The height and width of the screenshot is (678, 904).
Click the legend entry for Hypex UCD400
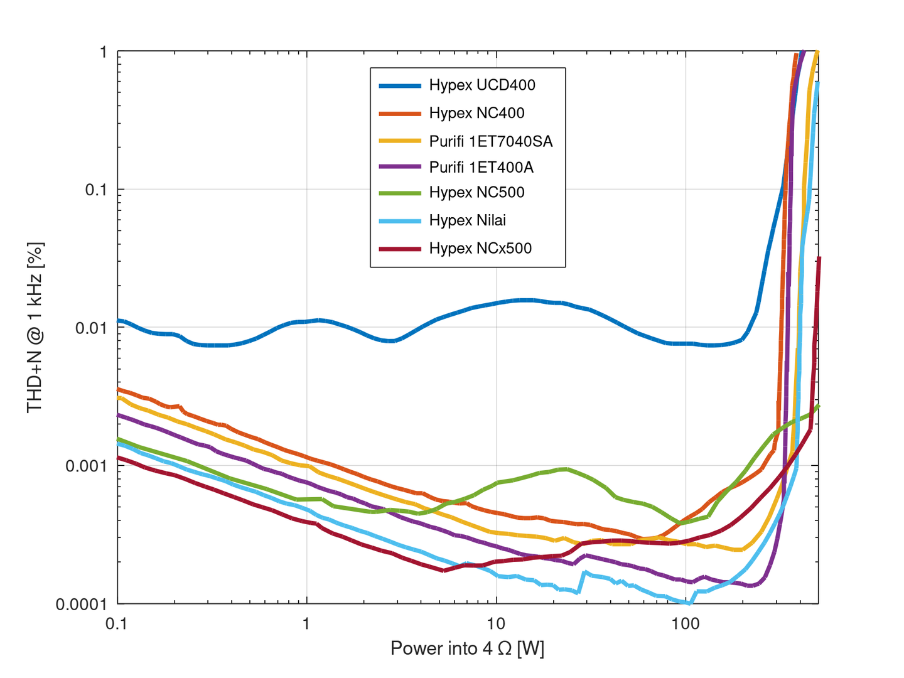tap(482, 85)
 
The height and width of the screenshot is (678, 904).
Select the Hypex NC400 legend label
tap(476, 113)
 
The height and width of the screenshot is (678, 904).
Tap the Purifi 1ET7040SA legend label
tap(490, 141)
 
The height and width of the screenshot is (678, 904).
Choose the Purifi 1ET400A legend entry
tap(481, 167)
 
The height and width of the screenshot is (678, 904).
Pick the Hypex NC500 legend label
tap(476, 192)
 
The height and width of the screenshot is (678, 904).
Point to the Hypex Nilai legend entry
tap(467, 220)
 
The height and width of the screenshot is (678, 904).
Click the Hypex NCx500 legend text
tap(480, 249)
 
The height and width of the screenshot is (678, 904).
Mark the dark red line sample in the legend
tap(400, 249)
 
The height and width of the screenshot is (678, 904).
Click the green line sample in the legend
tap(400, 193)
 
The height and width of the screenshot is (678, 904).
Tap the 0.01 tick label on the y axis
tap(92, 328)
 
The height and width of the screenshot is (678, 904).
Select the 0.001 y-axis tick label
tap(87, 466)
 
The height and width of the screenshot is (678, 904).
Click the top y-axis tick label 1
tap(104, 52)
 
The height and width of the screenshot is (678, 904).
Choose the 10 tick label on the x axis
tap(496, 623)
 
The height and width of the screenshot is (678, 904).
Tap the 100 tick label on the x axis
tap(685, 623)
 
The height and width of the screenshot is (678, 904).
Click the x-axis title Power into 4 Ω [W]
tap(467, 648)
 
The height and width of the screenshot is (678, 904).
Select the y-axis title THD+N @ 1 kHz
tap(35, 327)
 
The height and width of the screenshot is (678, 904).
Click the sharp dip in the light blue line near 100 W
tap(689, 603)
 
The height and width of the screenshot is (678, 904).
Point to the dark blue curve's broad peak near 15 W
tap(527, 300)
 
